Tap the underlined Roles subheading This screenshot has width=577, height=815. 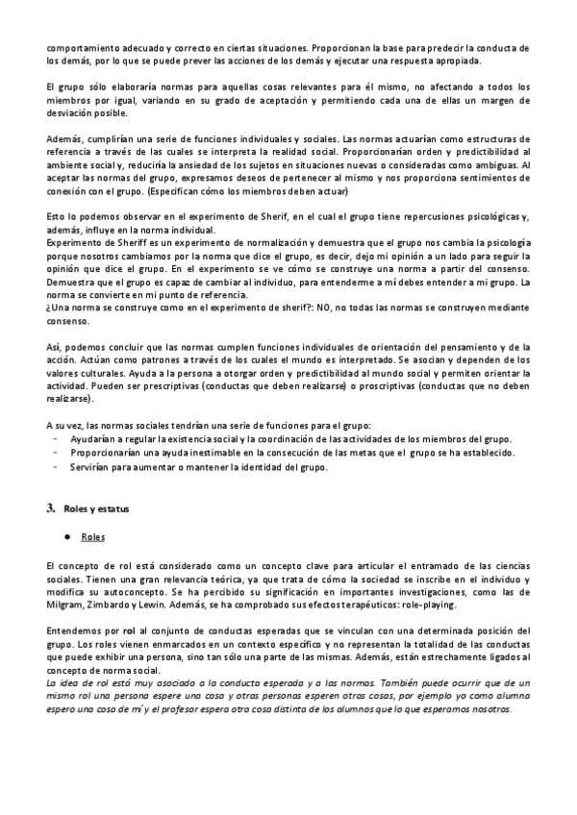pos(93,536)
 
